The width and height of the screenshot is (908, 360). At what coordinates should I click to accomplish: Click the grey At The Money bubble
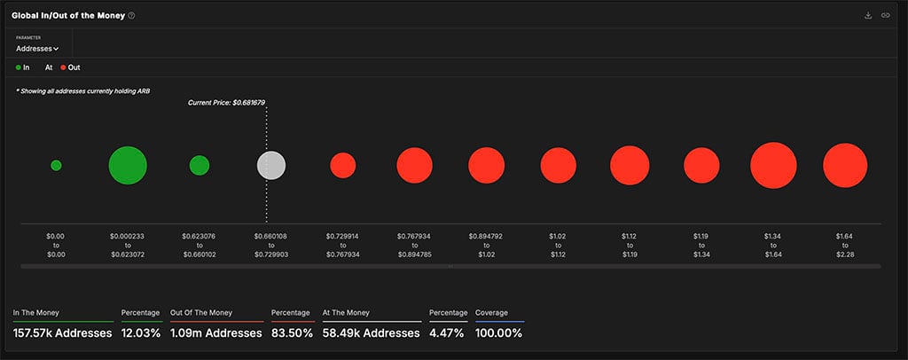pos(271,166)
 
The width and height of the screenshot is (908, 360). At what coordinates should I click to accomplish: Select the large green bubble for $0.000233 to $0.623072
pos(128,166)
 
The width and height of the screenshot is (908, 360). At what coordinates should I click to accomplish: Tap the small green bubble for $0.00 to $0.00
pos(56,166)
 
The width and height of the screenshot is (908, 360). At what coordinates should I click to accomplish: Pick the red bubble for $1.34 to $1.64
pos(773,166)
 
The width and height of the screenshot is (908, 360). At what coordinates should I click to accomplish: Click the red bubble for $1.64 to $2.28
pos(844,166)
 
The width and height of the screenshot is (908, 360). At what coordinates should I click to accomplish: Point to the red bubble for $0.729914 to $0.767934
pos(343,166)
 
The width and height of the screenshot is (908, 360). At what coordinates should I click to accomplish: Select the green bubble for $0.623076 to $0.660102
pos(200,166)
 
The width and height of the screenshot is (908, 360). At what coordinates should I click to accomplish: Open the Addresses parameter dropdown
pos(37,49)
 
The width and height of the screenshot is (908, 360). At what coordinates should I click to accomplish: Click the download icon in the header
pos(867,16)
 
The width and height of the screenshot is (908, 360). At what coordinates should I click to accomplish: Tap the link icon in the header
pos(885,16)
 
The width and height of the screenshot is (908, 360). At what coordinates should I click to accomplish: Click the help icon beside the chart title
pos(132,16)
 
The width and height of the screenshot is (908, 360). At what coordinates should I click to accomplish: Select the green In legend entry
pos(23,67)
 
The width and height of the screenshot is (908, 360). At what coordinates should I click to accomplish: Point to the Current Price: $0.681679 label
pos(226,103)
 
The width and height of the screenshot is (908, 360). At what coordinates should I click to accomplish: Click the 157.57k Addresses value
pos(62,333)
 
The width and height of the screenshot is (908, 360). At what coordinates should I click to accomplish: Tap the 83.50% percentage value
pos(291,333)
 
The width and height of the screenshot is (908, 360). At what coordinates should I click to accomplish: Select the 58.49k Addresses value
pos(372,333)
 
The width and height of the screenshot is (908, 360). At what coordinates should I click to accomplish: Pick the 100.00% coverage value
pos(498,333)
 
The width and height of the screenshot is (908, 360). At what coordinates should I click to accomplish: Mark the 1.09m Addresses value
pos(215,333)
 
